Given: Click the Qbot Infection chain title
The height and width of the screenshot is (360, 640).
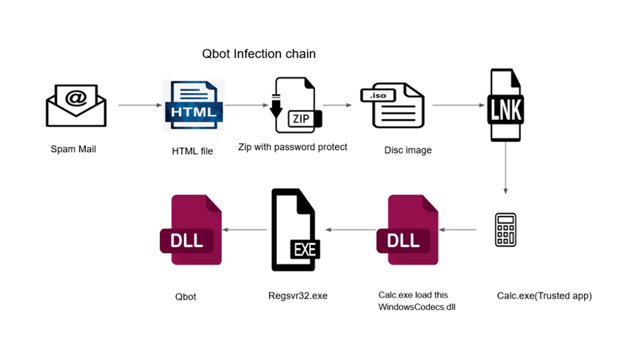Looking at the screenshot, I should click(258, 55).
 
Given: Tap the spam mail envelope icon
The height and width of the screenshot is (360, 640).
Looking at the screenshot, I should click(76, 106).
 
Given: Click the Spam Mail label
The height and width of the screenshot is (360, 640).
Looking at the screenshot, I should click(73, 150).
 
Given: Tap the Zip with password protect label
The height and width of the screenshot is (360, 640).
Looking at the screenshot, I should click(292, 147).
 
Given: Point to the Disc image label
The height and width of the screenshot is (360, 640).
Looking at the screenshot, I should click(408, 151).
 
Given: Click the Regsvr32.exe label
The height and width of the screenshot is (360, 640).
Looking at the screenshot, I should click(298, 296).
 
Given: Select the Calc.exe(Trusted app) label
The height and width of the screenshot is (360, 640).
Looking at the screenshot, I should click(544, 296).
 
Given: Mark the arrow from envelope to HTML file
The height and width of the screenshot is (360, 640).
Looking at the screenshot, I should click(140, 105).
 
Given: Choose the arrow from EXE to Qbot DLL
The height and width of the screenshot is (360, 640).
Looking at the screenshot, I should click(244, 230).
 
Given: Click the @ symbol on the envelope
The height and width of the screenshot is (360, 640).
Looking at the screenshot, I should click(76, 97).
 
